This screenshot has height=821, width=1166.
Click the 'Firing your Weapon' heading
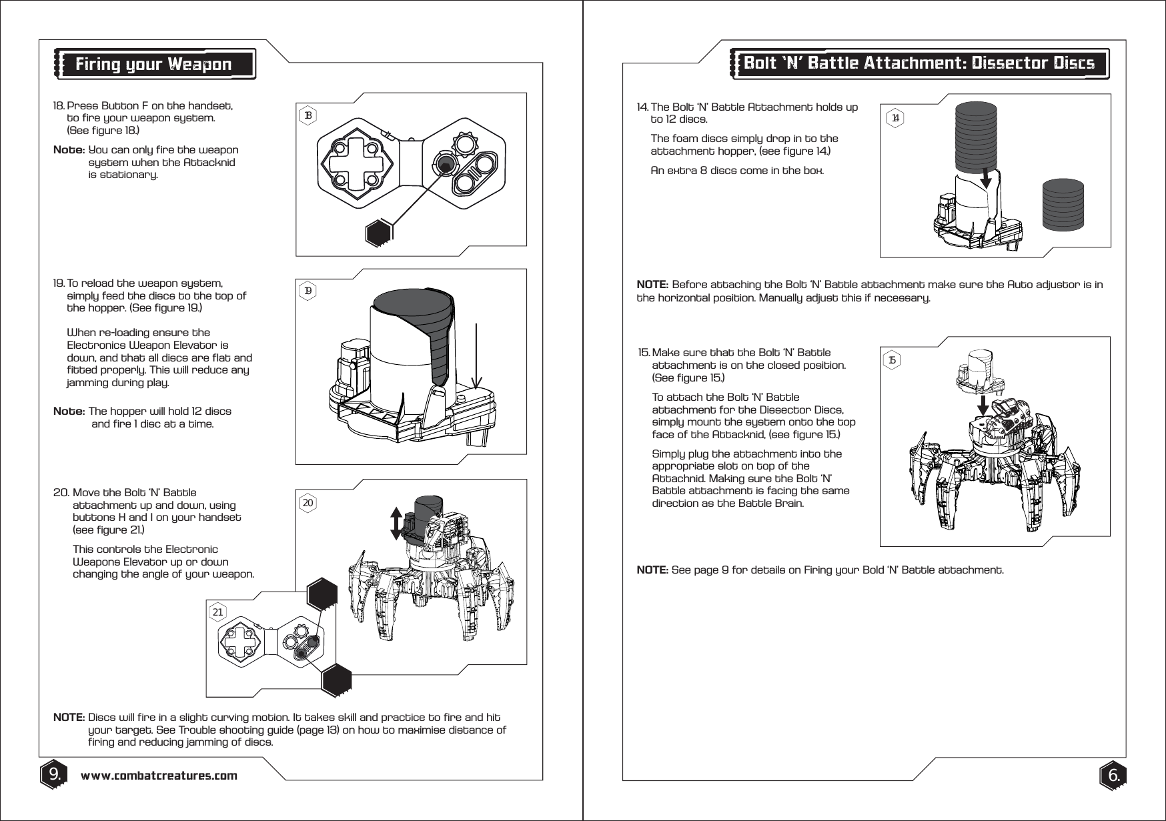pyautogui.click(x=153, y=65)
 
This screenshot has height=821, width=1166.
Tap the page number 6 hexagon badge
pyautogui.click(x=1113, y=776)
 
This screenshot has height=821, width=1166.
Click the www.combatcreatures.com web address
pyautogui.click(x=159, y=776)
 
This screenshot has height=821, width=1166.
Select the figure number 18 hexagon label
pyautogui.click(x=308, y=115)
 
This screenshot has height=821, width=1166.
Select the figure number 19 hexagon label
pyautogui.click(x=308, y=291)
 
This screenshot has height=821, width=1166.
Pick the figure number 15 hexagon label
pyautogui.click(x=893, y=360)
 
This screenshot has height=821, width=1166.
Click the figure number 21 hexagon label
pyautogui.click(x=217, y=611)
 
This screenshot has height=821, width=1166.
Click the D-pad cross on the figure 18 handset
pyautogui.click(x=354, y=163)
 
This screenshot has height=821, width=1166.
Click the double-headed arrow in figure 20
pyautogui.click(x=396, y=524)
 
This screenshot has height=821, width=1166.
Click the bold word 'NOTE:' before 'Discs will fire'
pyautogui.click(x=68, y=718)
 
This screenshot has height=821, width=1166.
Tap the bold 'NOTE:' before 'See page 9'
pyautogui.click(x=652, y=570)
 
